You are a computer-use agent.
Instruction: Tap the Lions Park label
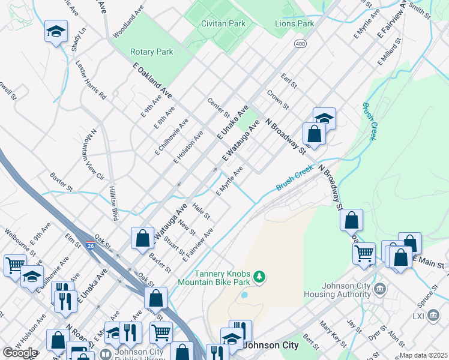[x=294, y=23]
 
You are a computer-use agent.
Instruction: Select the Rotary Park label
[x=152, y=52]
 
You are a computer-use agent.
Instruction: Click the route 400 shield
[x=300, y=44]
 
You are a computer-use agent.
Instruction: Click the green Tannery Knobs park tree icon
[x=259, y=277]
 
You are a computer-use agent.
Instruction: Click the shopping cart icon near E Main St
[x=364, y=254]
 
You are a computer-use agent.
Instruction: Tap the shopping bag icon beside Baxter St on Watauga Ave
[x=143, y=238]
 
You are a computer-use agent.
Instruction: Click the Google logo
[x=20, y=353]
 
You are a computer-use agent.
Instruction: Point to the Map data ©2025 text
[x=423, y=356]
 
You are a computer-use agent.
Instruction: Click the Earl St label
[x=289, y=81]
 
